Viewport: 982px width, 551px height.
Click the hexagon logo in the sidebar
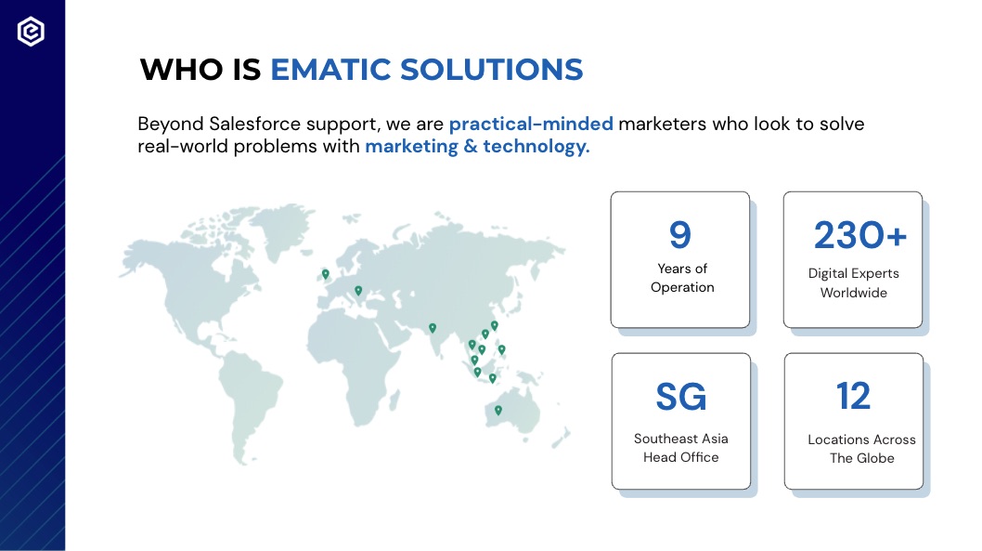tap(31, 32)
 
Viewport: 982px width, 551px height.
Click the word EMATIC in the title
tap(329, 70)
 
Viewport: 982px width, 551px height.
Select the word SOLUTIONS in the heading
tap(492, 70)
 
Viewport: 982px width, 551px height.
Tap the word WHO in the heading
tap(181, 70)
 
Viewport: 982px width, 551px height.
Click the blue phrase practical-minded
tap(531, 125)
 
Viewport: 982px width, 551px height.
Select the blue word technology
tap(536, 146)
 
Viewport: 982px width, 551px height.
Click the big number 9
tap(680, 235)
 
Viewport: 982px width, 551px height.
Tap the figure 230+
tap(859, 235)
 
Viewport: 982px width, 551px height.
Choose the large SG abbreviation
tap(680, 396)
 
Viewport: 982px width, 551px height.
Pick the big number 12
tap(853, 396)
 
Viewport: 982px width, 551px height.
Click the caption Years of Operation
tap(682, 278)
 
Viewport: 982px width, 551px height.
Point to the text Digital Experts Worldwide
tap(854, 282)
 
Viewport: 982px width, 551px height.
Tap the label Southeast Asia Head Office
tap(680, 448)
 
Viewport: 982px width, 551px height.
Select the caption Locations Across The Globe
tap(861, 449)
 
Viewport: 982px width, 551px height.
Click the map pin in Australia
tap(497, 410)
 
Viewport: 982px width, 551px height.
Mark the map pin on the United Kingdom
tap(326, 274)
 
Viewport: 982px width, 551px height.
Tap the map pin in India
tap(433, 328)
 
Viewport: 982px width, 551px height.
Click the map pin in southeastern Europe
tap(358, 290)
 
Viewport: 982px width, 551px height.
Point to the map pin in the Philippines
tap(501, 349)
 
